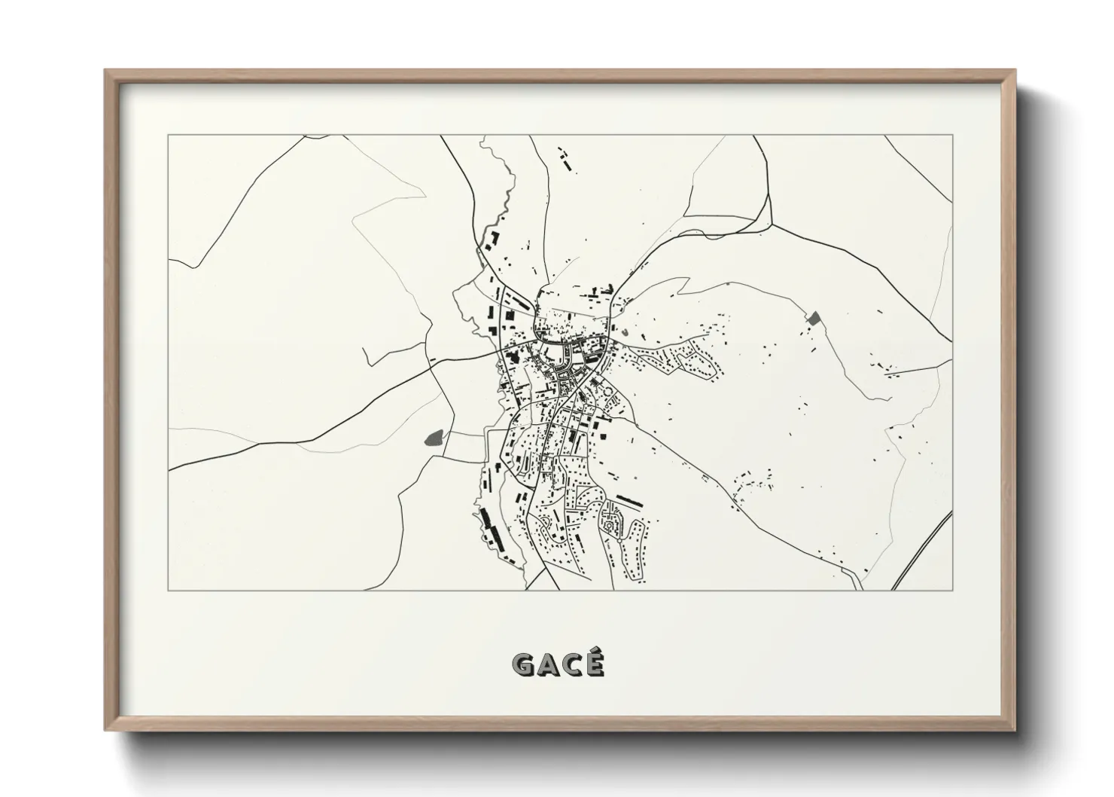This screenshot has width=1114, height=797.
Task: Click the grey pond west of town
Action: pos(434,437)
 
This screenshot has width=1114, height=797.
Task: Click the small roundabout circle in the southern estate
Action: pos(619,540)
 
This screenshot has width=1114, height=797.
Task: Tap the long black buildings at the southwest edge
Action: pos(489,527)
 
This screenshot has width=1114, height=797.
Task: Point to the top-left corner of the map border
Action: pos(168,135)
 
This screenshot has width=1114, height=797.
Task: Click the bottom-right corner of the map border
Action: pos(953,590)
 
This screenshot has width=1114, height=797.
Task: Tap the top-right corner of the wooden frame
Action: pos(1016,70)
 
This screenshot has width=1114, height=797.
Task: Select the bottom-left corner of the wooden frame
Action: pos(105,731)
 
